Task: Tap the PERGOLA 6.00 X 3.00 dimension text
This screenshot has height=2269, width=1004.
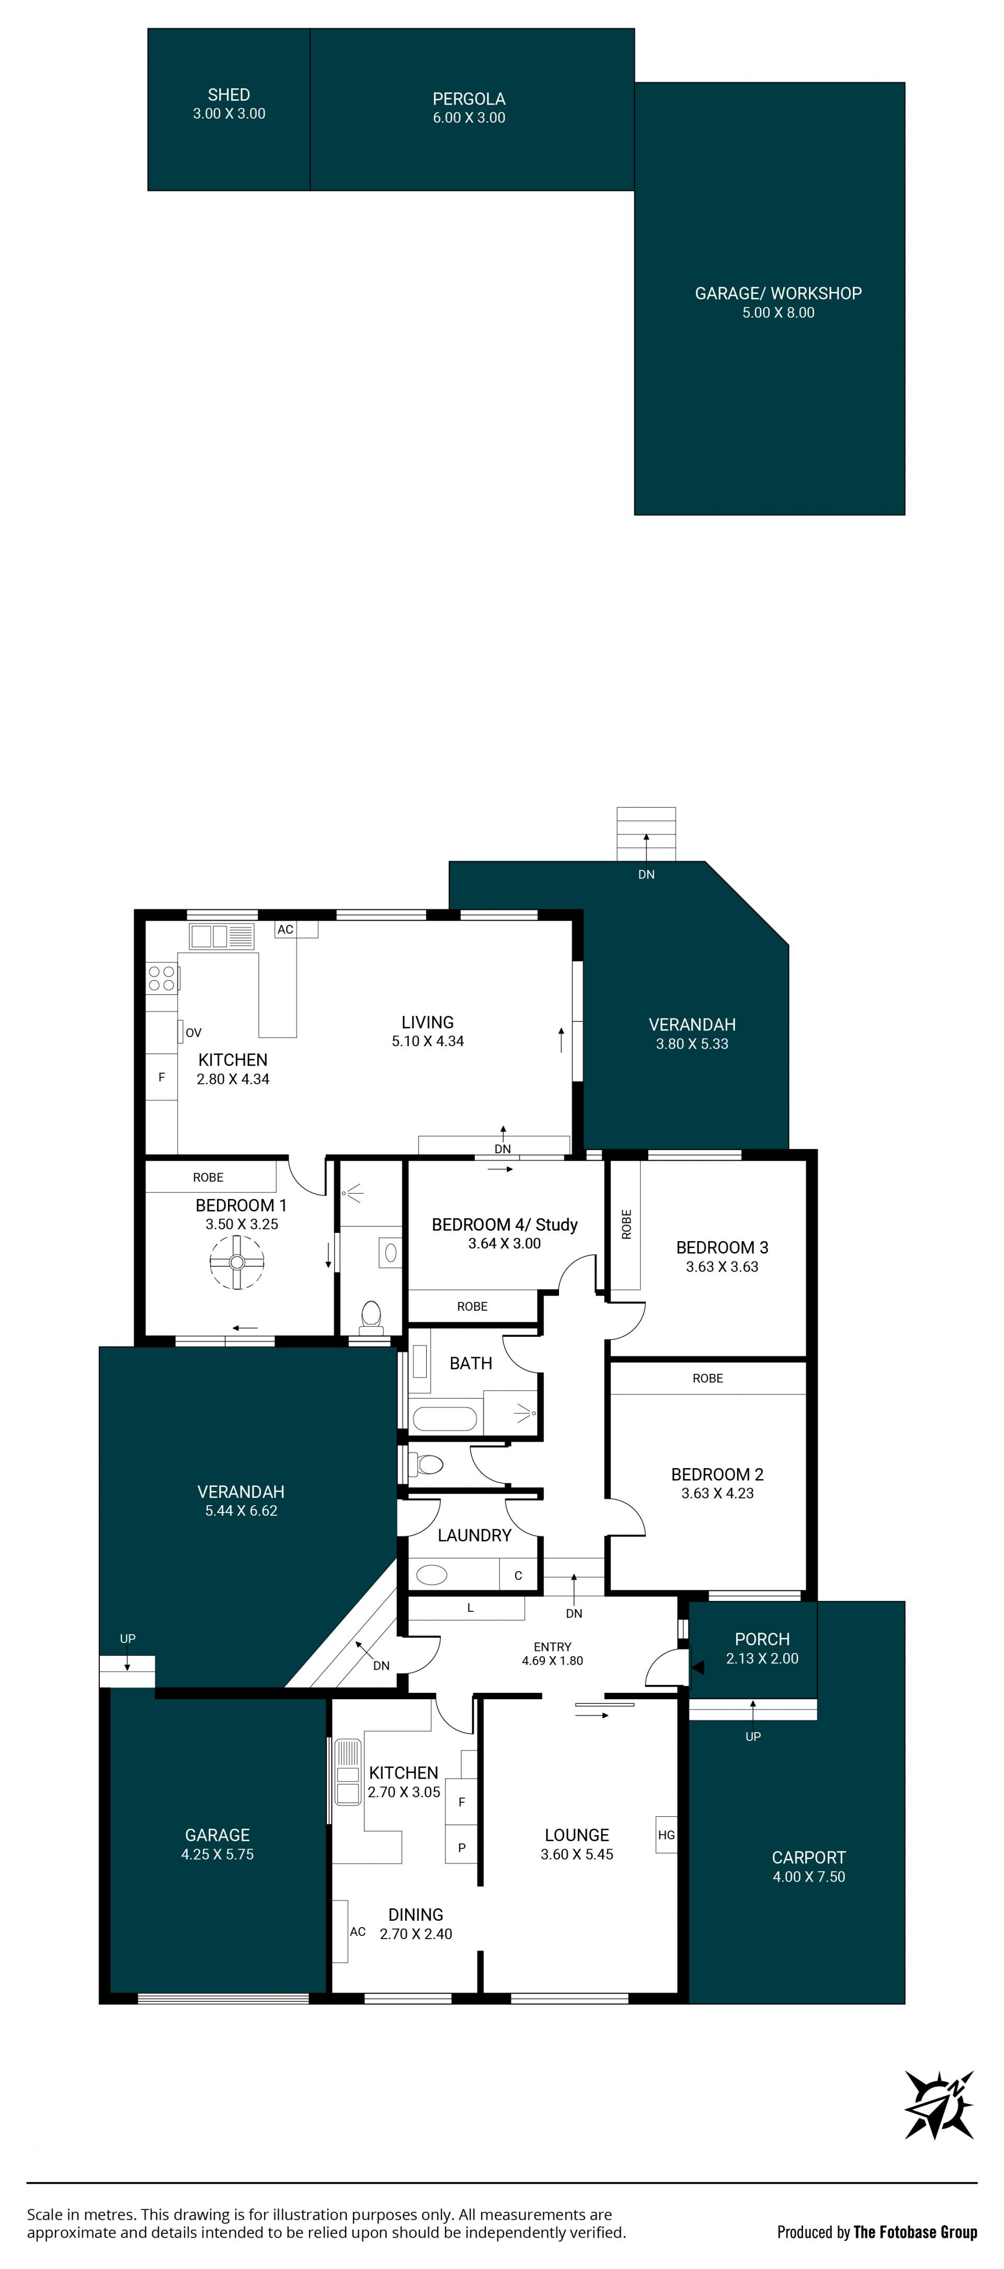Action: [x=469, y=118]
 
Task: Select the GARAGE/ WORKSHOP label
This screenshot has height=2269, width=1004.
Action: [x=779, y=293]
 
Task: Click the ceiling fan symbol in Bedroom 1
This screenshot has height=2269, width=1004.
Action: [x=236, y=1262]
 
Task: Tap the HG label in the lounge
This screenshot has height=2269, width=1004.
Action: [x=667, y=1835]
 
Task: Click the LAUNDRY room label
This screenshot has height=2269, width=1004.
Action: [x=475, y=1535]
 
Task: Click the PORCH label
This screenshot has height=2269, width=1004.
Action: [x=763, y=1639]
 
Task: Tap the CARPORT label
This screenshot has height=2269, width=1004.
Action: [x=808, y=1857]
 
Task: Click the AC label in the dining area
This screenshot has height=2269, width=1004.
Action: [x=358, y=1932]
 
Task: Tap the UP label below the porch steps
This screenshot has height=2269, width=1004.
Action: [x=753, y=1736]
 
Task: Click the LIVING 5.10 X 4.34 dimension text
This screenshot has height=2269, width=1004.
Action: [x=428, y=1041]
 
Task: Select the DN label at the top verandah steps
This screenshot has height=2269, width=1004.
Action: [x=646, y=875]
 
